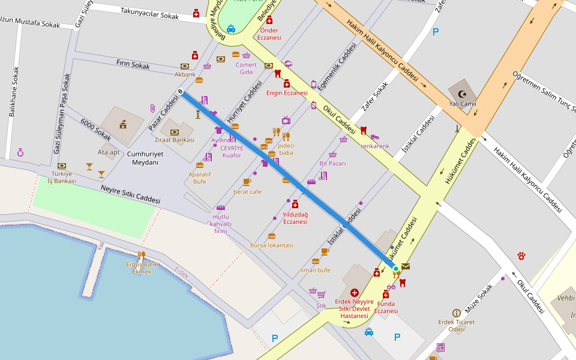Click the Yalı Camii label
pos(463,104)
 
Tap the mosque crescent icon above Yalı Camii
pos(462,94)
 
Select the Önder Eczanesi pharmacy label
pos(269,34)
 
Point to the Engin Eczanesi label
pos(287,93)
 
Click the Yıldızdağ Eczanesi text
pos(295,218)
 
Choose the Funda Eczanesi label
pos(386,307)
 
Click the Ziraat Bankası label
pos(175,140)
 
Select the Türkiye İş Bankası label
pos(62,177)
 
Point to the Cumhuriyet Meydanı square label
pos(145,158)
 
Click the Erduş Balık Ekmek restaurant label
pos(142,268)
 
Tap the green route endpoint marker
pos(396,269)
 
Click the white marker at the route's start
pos(180,91)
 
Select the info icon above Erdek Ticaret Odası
pos(456,313)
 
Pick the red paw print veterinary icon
pos(521,256)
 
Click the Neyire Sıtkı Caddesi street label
pos(130,193)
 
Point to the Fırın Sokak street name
pos(133,64)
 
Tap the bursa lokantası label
pos(271,245)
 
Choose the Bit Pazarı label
pos(332,163)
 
